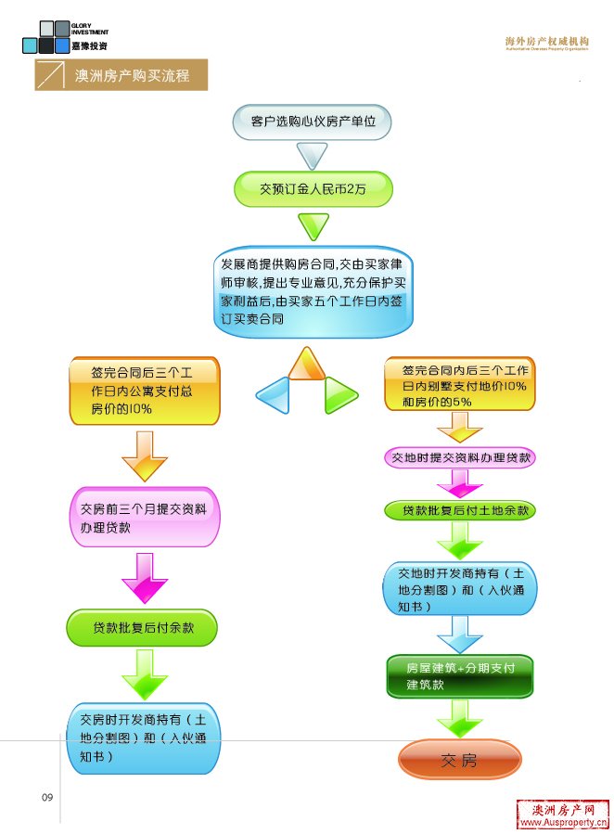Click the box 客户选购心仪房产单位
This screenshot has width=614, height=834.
coord(313,122)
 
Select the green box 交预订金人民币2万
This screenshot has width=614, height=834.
coord(313,188)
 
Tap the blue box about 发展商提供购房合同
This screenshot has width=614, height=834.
coord(313,291)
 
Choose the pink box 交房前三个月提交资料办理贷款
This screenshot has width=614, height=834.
coord(144,518)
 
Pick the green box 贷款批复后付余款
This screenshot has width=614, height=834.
coord(142,628)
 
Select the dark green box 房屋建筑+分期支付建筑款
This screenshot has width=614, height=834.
coord(460,676)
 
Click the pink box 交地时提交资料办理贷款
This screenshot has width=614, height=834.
coord(460,457)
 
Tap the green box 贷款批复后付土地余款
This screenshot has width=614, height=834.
coord(460,511)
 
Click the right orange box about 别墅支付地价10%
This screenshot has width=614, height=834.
coord(460,385)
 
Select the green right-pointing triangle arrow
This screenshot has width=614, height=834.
coord(339,395)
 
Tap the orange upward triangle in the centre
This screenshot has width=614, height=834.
coord(305,365)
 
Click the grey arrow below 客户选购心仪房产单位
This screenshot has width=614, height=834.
coord(313,155)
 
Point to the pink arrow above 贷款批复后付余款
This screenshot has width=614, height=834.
coord(143,576)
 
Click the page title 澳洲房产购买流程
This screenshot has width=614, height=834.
coord(132,75)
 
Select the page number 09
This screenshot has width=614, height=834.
coord(48,797)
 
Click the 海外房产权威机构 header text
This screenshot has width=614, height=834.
coord(546,42)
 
